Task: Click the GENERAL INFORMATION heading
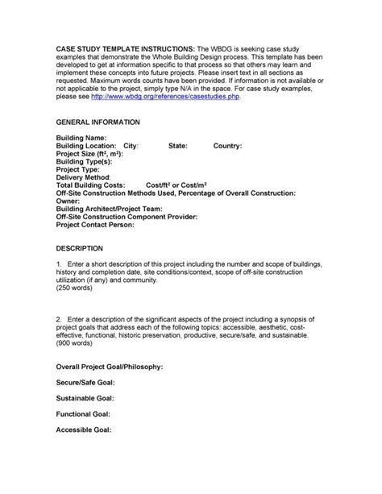[98, 122]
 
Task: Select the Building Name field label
[81, 139]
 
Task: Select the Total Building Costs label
[92, 186]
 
